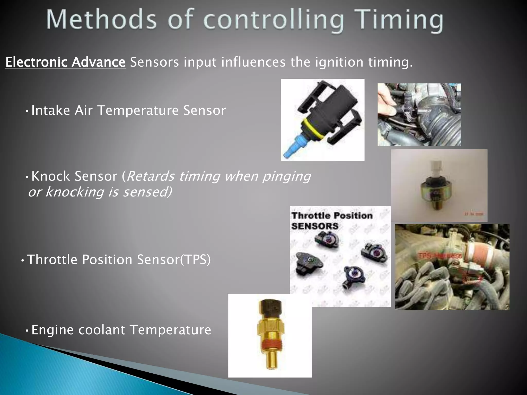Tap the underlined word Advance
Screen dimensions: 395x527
tap(99, 62)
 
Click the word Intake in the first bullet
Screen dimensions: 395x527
tap(51, 110)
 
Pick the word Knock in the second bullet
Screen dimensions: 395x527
tap(51, 176)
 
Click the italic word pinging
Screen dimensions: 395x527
tap(286, 176)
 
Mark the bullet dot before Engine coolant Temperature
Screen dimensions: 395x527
tap(27, 330)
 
